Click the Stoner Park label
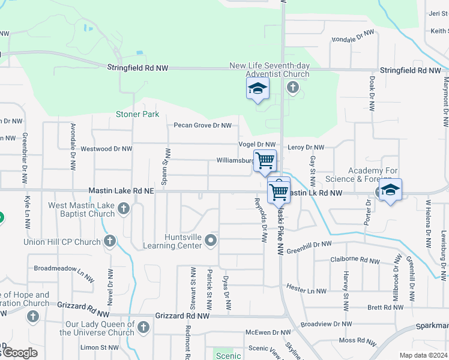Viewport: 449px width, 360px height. [x=137, y=114]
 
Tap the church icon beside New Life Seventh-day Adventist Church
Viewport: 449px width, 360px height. [x=292, y=88]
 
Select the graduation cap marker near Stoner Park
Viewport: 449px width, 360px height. [x=258, y=89]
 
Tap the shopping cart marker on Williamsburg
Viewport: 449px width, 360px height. [x=265, y=161]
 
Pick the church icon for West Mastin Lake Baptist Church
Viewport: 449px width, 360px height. [x=124, y=209]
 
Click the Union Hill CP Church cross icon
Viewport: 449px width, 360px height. [x=110, y=241]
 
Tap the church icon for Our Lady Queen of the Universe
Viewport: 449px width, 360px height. [x=143, y=327]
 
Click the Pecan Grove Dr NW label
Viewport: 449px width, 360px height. [x=202, y=125]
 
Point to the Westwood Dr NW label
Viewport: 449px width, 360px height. [x=105, y=148]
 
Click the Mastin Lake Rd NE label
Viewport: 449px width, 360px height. [x=121, y=190]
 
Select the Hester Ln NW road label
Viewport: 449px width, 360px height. [x=306, y=291]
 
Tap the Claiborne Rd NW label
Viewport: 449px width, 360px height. [x=355, y=260]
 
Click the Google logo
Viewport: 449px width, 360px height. [x=20, y=353]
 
